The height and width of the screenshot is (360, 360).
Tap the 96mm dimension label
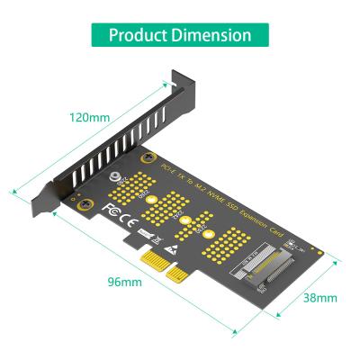pos(125,282)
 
